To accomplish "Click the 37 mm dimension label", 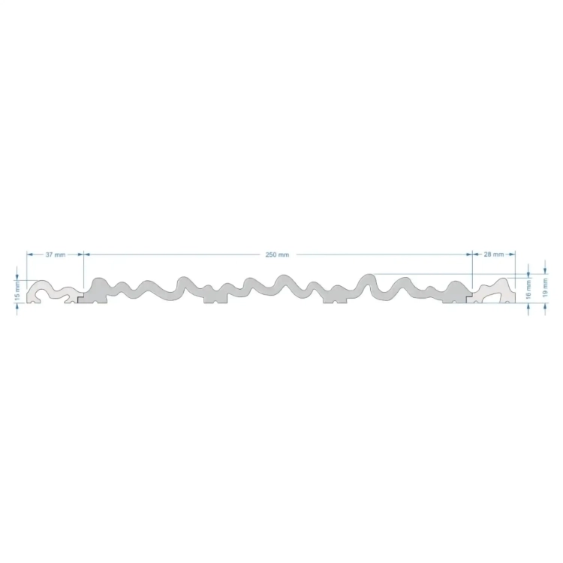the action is pyautogui.click(x=56, y=254).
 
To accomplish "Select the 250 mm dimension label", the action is pyautogui.click(x=277, y=254).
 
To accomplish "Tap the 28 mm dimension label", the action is pyautogui.click(x=494, y=254).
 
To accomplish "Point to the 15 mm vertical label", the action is pyautogui.click(x=17, y=291).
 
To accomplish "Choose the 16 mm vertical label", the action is pyautogui.click(x=528, y=290).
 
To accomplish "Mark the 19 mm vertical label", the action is pyautogui.click(x=545, y=288).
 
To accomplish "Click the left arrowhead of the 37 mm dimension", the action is pyautogui.click(x=30, y=254).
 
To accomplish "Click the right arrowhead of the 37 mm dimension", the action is pyautogui.click(x=80, y=254).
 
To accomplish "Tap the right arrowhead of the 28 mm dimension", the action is pyautogui.click(x=512, y=254).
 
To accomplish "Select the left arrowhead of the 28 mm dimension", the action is pyautogui.click(x=476, y=254).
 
